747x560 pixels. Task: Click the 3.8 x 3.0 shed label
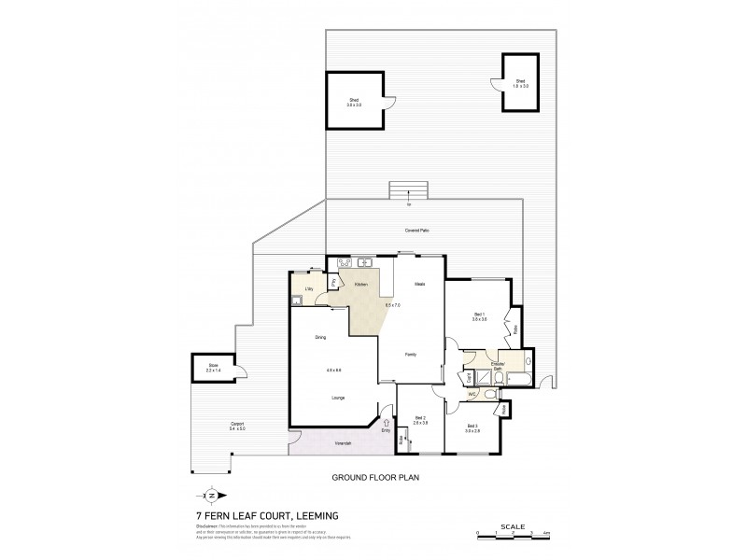(355, 102)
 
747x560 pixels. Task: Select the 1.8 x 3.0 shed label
(521, 84)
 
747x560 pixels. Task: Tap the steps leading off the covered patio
(409, 190)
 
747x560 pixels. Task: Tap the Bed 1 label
(480, 316)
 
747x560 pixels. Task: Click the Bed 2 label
(419, 420)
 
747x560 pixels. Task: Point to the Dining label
(320, 337)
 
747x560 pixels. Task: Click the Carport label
(238, 427)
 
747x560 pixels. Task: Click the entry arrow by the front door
(386, 422)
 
